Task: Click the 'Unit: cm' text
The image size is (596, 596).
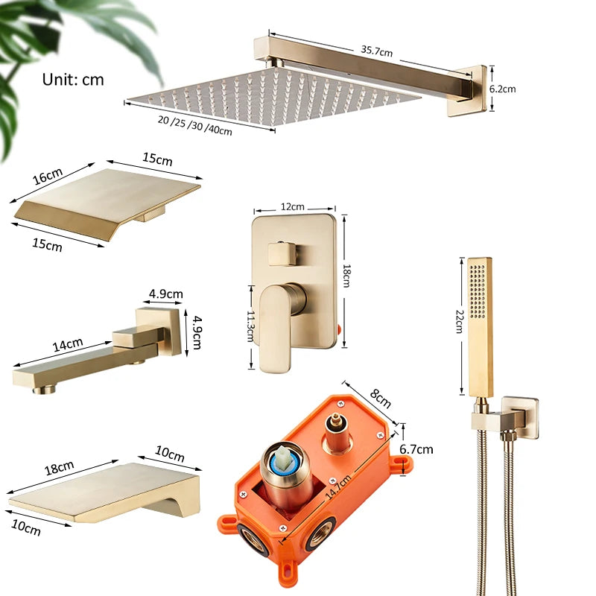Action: (x=73, y=79)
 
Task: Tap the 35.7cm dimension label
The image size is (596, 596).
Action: (x=377, y=51)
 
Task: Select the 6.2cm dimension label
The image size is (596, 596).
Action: (x=502, y=89)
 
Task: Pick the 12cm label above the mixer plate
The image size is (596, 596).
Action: (x=293, y=206)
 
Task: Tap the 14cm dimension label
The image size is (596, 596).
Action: (x=68, y=344)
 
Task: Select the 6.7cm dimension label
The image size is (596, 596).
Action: (x=416, y=449)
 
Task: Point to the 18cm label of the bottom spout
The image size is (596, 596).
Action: (x=60, y=467)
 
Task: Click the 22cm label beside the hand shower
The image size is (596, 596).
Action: (x=459, y=320)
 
